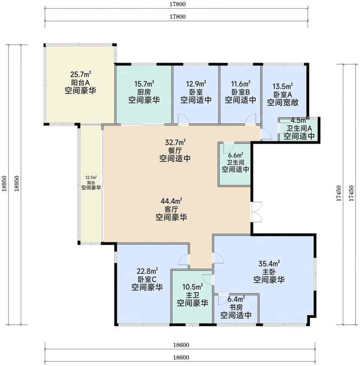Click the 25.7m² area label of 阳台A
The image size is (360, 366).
coord(81,74)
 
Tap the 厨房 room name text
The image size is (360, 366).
coord(144,92)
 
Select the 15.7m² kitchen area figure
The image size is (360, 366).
coord(144,83)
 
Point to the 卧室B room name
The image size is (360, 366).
coord(240,92)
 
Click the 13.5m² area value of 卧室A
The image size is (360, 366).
coord(283,86)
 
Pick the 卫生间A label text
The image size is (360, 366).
coord(299,128)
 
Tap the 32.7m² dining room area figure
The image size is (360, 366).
coord(176,142)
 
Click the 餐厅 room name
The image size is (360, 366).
coord(175,151)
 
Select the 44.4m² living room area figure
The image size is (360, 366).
coord(171,201)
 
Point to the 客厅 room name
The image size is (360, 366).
coord(171,209)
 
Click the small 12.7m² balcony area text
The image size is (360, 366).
coord(91,178)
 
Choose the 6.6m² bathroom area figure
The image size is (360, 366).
coord(236,155)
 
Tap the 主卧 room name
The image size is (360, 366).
coord(269,272)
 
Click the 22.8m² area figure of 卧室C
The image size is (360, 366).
coord(147,271)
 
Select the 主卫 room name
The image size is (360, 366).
coord(193,295)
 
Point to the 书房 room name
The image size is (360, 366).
coord(236,307)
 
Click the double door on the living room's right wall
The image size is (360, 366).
coord(256,212)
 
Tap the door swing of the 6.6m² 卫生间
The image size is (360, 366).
coord(229,147)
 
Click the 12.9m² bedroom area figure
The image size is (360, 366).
coord(196,83)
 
